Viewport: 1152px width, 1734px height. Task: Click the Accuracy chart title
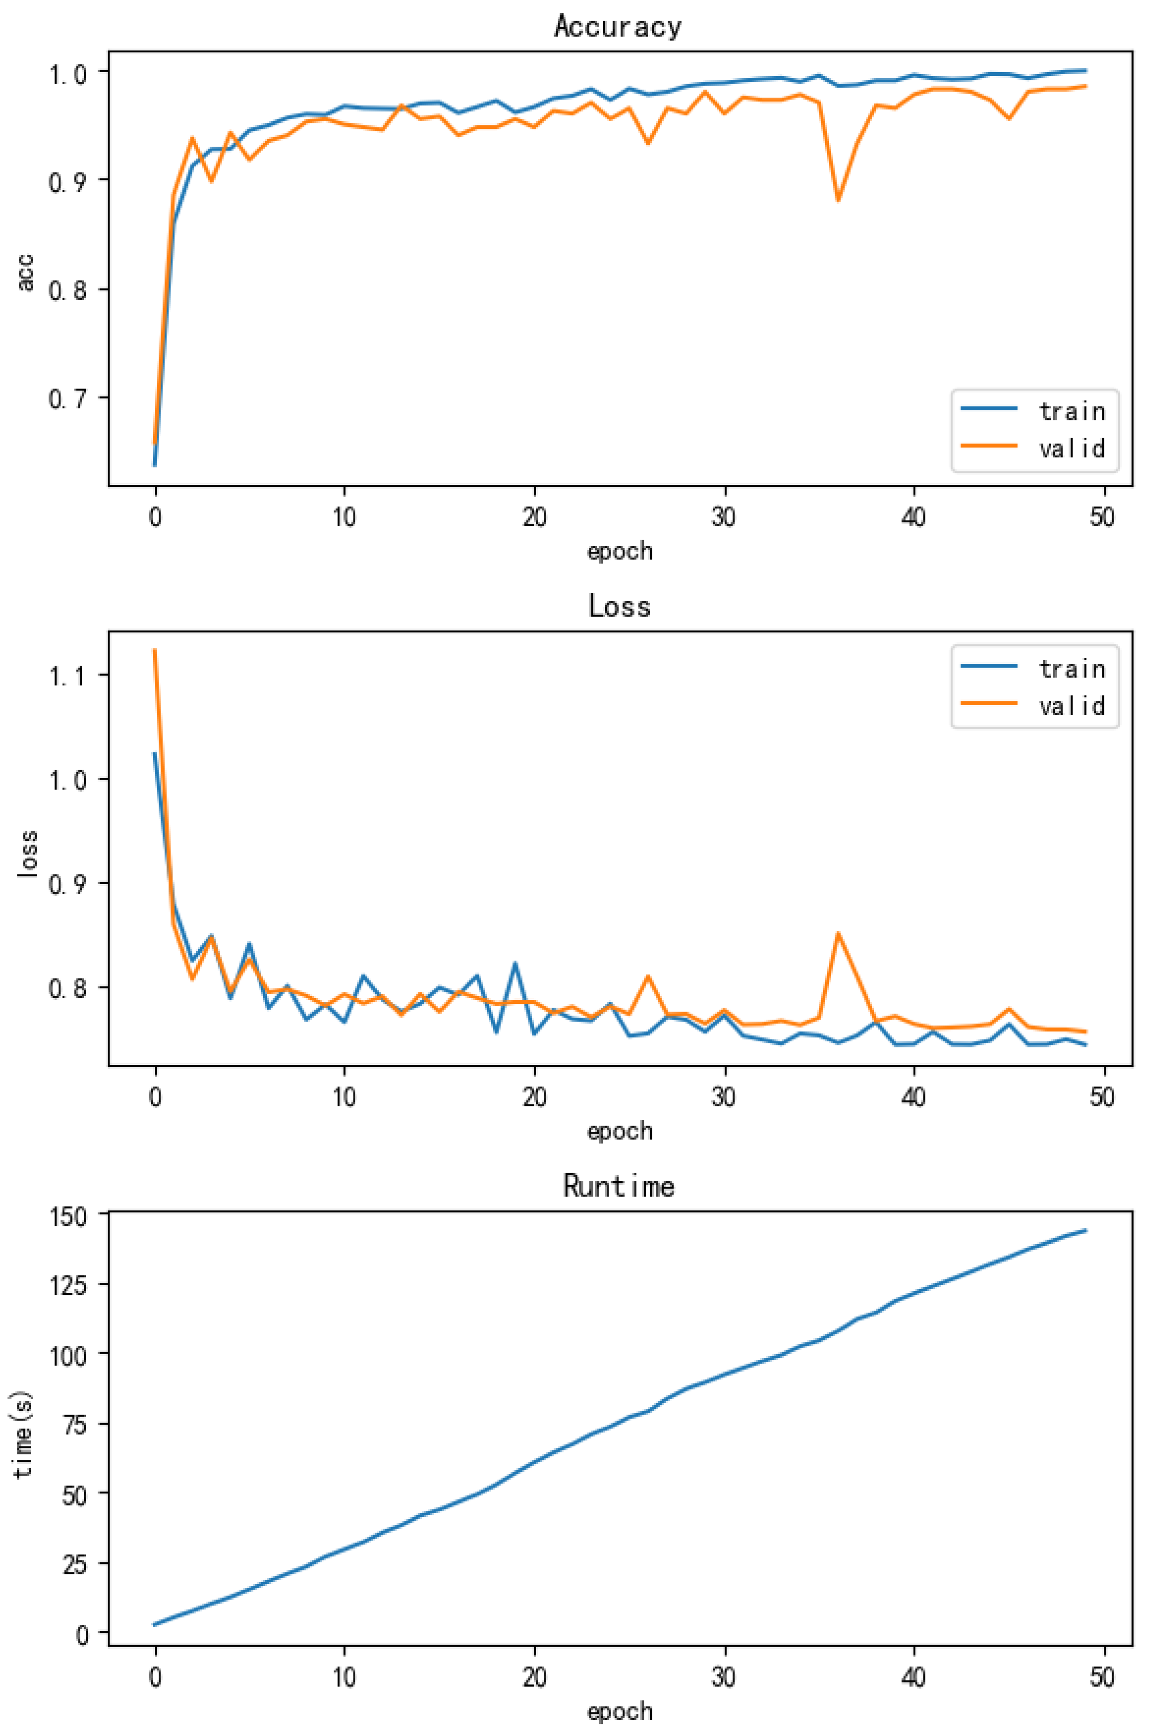[x=617, y=26]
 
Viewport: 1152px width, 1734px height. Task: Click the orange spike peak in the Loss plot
[x=838, y=934]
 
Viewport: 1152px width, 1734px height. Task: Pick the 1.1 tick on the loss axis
[x=68, y=675]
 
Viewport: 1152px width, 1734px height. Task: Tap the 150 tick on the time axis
[x=68, y=1216]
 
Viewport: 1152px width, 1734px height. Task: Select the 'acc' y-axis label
[x=25, y=272]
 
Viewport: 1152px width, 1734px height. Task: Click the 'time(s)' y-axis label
[x=24, y=1433]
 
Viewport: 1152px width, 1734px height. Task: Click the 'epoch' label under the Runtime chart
[x=619, y=1711]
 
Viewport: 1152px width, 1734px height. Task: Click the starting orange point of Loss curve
[x=154, y=650]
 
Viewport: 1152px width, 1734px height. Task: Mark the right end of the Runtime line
[x=1085, y=1230]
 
